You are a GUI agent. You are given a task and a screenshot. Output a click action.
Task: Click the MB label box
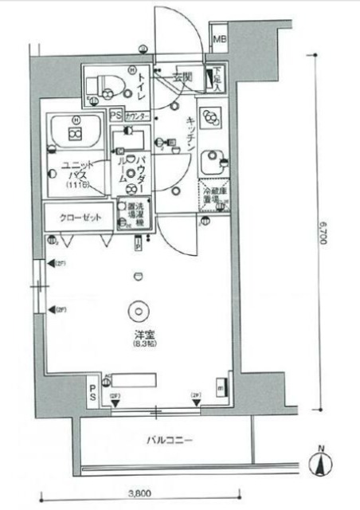click(219, 38)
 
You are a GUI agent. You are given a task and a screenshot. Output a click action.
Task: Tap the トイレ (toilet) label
click(141, 84)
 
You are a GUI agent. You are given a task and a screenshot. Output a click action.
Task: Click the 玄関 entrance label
click(181, 76)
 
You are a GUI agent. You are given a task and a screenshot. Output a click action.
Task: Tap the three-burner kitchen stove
click(213, 119)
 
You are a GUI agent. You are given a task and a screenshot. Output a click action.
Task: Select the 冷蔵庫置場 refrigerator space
click(211, 192)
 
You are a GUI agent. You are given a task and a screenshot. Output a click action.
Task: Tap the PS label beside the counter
click(115, 115)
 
